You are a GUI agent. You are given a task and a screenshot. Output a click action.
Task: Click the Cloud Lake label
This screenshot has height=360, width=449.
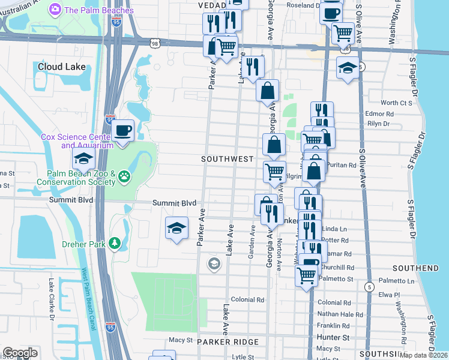[x=61, y=67]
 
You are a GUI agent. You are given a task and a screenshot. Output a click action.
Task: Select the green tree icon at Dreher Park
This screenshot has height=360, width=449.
[x=112, y=244]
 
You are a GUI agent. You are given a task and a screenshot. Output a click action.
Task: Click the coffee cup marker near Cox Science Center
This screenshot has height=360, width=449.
[x=124, y=130]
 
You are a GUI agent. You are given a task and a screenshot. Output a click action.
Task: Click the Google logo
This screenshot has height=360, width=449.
[x=20, y=352]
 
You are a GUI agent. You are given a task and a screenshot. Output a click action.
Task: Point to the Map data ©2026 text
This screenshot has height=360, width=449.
[x=423, y=355]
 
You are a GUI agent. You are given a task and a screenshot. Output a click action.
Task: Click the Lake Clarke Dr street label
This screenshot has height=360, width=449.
[x=52, y=298]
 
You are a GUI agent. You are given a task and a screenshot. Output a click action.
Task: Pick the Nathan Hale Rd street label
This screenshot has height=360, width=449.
[x=340, y=314]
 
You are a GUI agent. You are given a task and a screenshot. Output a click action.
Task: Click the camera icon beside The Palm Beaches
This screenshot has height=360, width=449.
[x=55, y=9]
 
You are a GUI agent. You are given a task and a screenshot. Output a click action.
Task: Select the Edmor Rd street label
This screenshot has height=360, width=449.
[x=379, y=113]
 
